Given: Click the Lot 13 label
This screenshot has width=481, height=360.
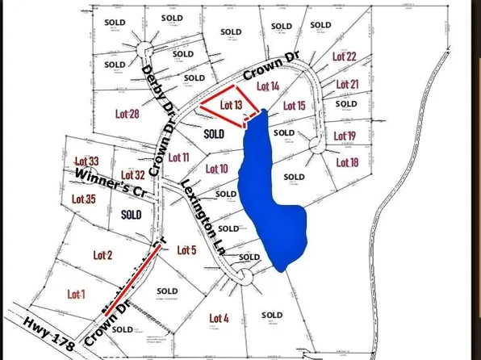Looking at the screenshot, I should click(231, 105).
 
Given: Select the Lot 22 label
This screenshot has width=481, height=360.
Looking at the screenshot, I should click(345, 57).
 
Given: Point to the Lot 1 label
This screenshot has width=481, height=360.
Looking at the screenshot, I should click(77, 293).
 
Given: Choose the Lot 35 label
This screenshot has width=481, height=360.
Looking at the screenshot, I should click(84, 199).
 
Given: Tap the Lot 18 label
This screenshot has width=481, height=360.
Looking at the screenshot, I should click(345, 162).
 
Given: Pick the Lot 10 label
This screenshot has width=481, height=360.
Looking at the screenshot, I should click(217, 169).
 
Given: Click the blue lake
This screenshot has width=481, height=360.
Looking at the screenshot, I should click(274, 202).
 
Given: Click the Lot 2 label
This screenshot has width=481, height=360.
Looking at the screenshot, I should click(102, 255).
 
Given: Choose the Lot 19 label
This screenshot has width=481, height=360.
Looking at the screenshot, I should click(344, 136).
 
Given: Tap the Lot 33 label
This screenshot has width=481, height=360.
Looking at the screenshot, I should click(86, 161).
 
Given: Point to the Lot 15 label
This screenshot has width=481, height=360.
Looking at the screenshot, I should click(295, 106).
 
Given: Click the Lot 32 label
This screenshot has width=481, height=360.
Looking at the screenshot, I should click(132, 174).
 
